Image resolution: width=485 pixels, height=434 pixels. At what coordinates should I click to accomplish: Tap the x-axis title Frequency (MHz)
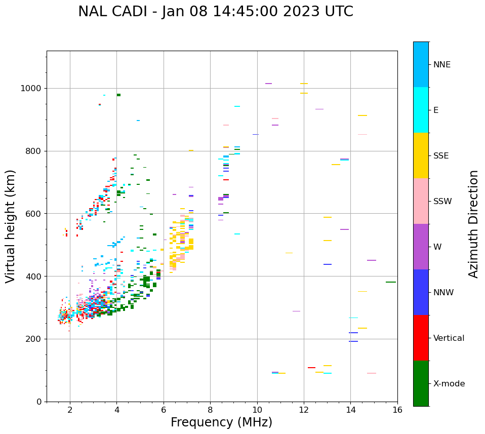(221, 422)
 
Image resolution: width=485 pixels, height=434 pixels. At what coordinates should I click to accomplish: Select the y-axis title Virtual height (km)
(11, 226)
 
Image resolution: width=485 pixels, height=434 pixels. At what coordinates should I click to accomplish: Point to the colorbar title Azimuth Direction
(473, 224)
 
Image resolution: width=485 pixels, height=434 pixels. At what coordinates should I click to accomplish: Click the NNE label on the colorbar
(441, 65)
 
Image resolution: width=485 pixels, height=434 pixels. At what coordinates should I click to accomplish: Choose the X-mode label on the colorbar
(449, 384)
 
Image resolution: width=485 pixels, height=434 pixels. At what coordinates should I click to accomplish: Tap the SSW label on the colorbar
(442, 202)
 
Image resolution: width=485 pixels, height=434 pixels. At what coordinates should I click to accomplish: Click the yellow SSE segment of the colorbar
(421, 155)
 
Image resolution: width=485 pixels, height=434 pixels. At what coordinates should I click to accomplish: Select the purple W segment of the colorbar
(421, 247)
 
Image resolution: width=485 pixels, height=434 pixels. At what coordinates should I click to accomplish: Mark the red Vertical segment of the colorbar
(421, 338)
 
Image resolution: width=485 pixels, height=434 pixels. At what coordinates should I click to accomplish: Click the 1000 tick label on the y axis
(32, 89)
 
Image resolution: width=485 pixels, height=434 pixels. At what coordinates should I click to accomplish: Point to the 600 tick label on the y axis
(34, 214)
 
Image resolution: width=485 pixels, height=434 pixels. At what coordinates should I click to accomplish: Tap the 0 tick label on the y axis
(39, 402)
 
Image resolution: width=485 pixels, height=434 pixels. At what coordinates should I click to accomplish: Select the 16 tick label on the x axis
(397, 410)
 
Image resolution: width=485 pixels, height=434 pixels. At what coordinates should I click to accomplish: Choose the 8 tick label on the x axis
(210, 410)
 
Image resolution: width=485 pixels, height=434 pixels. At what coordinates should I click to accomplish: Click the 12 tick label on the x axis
(304, 410)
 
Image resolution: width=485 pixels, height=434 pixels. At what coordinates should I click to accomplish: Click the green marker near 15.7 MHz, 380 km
(390, 282)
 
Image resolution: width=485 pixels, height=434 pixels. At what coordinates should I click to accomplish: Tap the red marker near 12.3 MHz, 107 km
(311, 368)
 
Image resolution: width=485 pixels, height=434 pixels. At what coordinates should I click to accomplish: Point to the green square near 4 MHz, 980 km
(118, 95)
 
